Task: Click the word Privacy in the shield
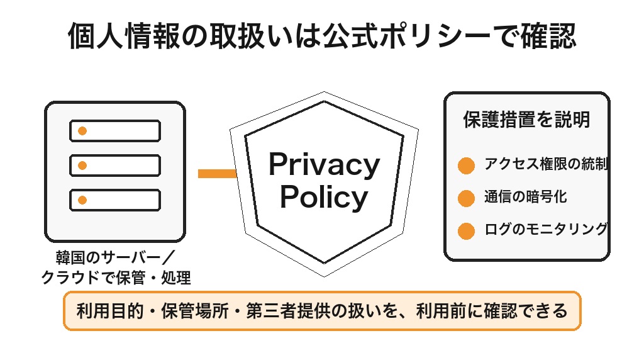(324, 165)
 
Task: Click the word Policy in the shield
(324, 197)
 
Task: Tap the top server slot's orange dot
(82, 131)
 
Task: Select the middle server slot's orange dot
(82, 166)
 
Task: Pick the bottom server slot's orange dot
(82, 200)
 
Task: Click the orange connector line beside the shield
(217, 174)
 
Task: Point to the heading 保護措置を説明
(526, 120)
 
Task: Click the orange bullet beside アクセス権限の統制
(466, 166)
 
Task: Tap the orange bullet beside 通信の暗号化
(466, 198)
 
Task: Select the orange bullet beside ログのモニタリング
(466, 231)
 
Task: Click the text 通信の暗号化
(525, 197)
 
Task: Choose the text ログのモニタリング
(546, 229)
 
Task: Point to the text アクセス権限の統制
(546, 164)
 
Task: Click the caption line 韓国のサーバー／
(116, 257)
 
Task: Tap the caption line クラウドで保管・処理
(116, 278)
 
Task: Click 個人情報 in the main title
(124, 36)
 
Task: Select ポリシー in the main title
(435, 36)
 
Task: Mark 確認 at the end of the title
(548, 36)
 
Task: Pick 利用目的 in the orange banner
(110, 311)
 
